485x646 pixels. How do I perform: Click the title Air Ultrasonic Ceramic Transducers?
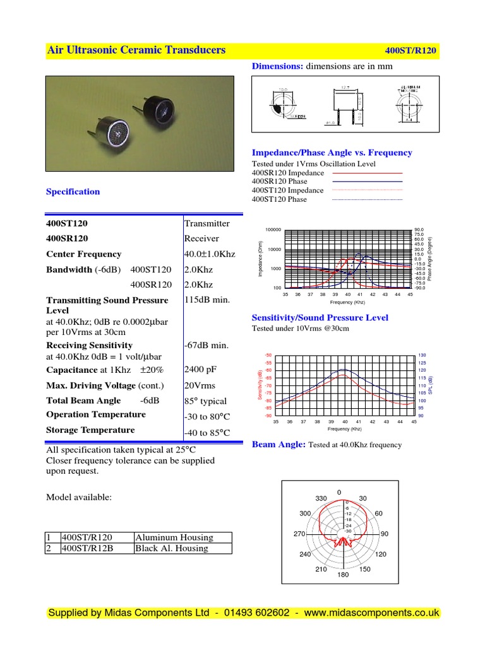coord(136,50)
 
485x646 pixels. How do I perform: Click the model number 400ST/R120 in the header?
coord(411,51)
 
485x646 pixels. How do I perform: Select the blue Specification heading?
coord(73,192)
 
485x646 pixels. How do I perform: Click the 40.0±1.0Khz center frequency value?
coord(210,254)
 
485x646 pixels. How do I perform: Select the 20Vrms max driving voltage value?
coord(200,385)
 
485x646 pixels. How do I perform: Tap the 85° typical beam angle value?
coord(205,401)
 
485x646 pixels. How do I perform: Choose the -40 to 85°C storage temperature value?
coord(207,433)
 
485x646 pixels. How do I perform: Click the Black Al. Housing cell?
coord(171,548)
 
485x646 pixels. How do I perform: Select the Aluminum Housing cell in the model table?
coord(174,537)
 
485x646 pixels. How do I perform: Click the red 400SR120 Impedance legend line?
coord(367,173)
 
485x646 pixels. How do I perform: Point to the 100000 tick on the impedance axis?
coord(273,230)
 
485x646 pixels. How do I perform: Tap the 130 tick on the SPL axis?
coord(422,356)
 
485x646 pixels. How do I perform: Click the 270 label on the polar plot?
coord(299,534)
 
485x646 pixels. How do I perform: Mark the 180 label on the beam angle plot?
coord(343,575)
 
